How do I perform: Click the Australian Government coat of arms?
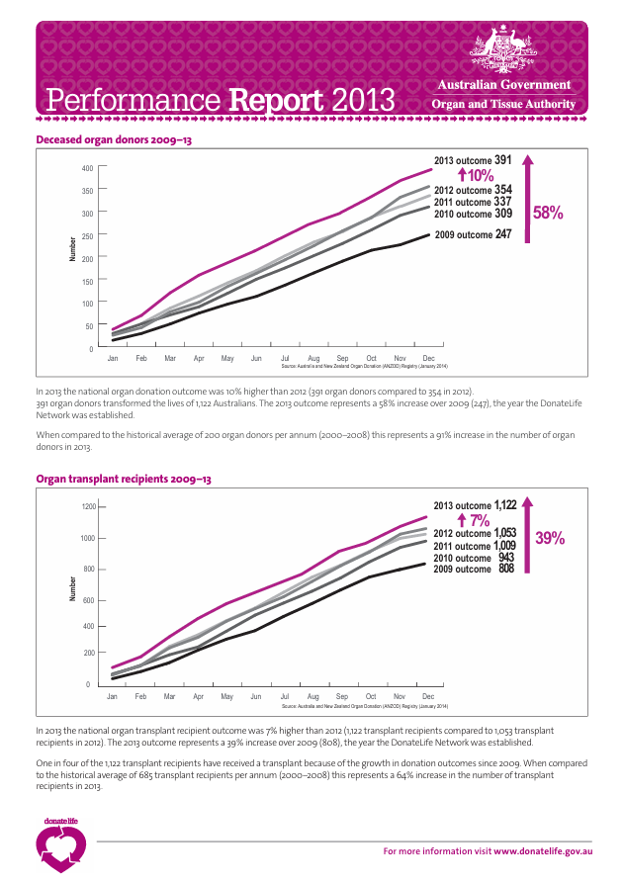point(502,49)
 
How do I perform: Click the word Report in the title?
point(276,100)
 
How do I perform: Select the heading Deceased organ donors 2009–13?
point(114,140)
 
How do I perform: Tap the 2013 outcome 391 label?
point(473,160)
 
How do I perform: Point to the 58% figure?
point(548,212)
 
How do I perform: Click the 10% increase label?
point(475,175)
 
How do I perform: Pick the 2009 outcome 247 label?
point(473,234)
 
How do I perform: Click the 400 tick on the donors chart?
point(87,168)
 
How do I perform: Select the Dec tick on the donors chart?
point(428,357)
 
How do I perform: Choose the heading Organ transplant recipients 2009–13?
point(124,479)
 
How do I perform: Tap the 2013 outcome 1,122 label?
point(476,504)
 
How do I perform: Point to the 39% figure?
point(550,538)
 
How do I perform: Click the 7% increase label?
point(475,520)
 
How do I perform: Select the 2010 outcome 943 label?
point(474,558)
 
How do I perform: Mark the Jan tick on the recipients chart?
point(113,696)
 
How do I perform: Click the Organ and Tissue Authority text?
point(503,104)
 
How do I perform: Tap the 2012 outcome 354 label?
point(473,190)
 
